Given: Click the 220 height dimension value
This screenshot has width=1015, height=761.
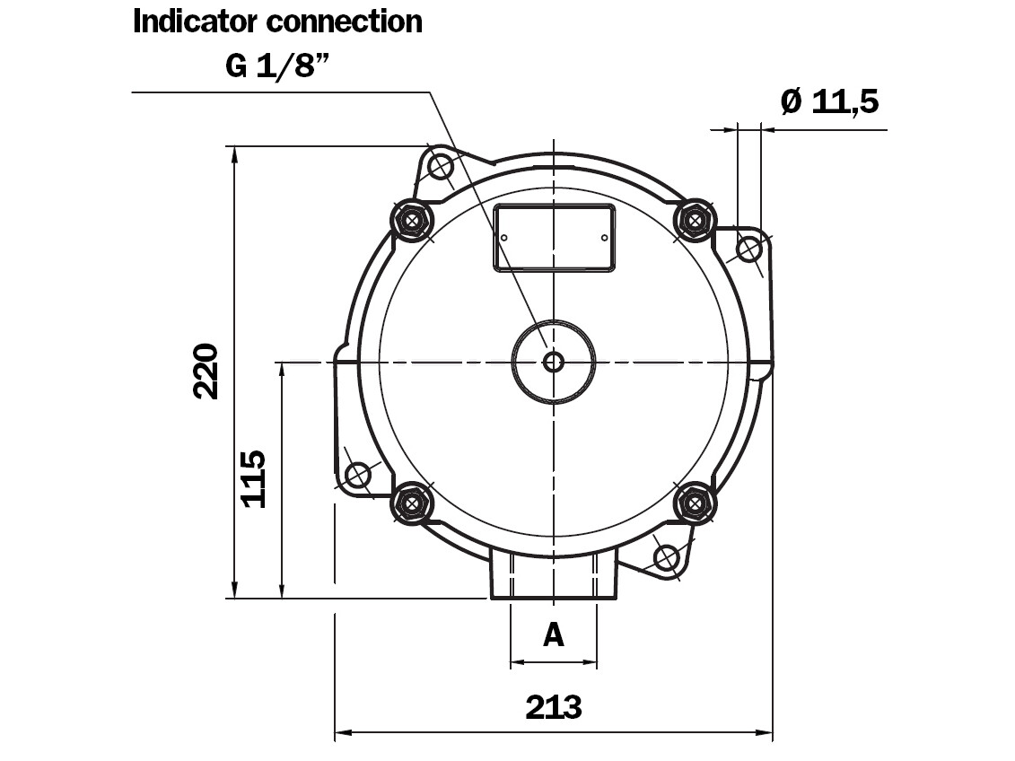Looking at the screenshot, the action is point(206,372).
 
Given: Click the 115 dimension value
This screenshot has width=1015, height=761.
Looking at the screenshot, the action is point(254,479).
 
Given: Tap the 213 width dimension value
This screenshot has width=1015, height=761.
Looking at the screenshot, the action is point(554,707).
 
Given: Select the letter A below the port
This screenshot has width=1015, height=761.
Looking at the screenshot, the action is point(554,634).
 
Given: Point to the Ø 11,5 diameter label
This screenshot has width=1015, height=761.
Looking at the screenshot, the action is point(830,101).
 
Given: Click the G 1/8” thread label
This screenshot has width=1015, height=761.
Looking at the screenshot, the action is point(278,66).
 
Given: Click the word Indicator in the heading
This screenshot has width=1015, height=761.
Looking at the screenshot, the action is point(197,22).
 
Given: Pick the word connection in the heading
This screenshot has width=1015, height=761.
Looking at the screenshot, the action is point(345,22).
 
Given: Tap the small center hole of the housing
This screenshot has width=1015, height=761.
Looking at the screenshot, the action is point(554,362).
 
